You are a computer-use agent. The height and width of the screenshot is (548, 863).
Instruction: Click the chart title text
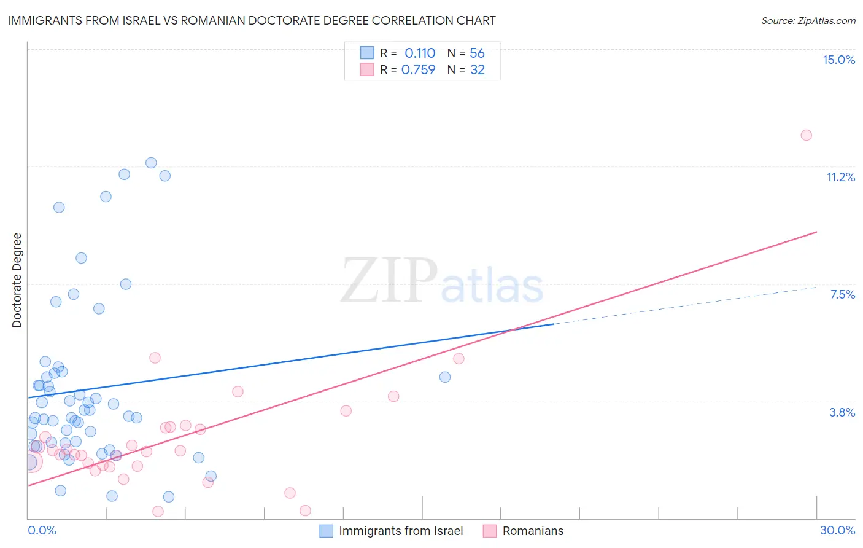click(x=252, y=20)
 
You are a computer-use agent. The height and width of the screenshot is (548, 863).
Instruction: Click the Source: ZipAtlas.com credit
click(x=808, y=20)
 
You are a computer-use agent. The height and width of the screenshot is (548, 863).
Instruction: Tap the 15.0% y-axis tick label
click(x=838, y=60)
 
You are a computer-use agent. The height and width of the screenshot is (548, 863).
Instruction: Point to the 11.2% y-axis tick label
click(x=840, y=177)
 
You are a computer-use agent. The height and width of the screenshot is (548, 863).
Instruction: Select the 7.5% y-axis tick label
click(x=842, y=294)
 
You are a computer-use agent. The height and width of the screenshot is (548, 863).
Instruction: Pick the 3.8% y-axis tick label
click(x=842, y=412)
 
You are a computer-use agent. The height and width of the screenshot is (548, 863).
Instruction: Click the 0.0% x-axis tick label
click(x=42, y=530)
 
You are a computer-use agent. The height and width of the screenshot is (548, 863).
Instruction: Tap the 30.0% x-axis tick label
click(x=837, y=530)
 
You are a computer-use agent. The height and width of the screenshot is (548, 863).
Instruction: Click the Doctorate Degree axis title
click(x=17, y=280)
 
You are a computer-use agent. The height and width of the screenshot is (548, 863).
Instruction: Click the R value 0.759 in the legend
click(x=418, y=70)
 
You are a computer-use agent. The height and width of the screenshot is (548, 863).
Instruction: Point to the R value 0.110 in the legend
click(x=420, y=53)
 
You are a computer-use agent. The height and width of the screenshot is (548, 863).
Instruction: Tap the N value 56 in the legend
click(x=477, y=53)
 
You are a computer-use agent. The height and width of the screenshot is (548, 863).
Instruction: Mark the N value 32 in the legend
click(x=478, y=70)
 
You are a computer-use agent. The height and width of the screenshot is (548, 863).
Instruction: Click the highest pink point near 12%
click(x=806, y=135)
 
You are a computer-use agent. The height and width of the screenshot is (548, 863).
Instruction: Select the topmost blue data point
click(x=151, y=163)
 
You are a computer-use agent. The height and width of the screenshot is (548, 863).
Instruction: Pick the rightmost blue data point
click(x=445, y=377)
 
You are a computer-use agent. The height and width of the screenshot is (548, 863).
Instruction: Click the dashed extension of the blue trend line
click(x=687, y=305)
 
